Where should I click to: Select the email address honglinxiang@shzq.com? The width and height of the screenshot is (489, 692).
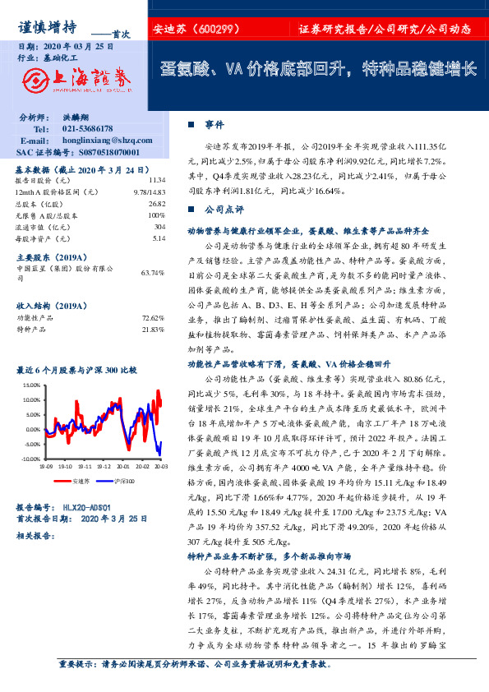click(99, 141)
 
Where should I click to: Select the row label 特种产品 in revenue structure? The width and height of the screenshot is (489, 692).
click(28, 328)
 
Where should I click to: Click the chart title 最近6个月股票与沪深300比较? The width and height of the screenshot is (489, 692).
click(77, 371)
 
